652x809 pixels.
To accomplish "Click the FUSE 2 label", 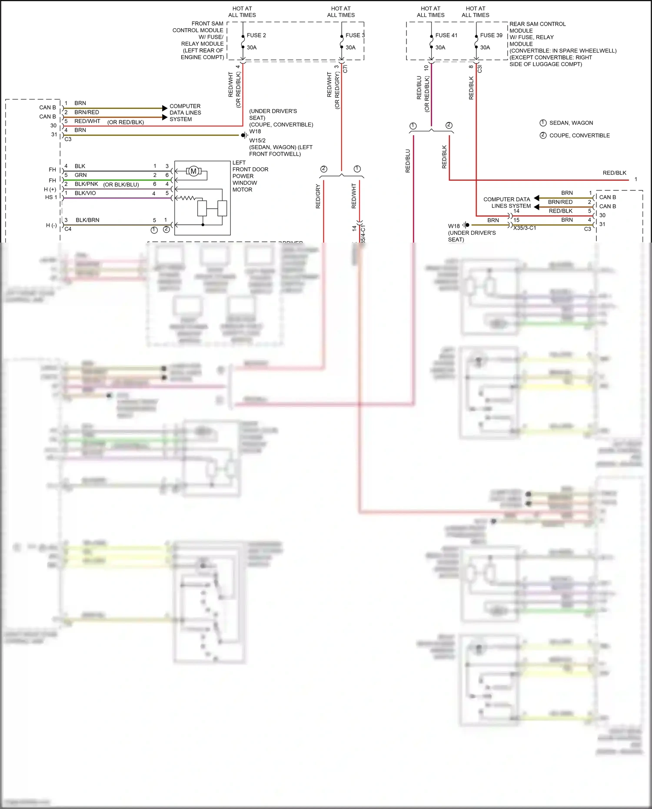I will click(256, 35).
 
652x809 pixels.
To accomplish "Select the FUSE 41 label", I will click(446, 35).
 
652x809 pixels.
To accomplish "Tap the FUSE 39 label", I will click(491, 35).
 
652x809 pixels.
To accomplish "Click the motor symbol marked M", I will click(193, 171).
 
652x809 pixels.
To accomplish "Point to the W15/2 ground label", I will click(257, 140).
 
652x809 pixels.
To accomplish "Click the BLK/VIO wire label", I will click(85, 193).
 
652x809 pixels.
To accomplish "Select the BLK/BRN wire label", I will click(87, 220).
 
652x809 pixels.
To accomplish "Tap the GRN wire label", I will click(80, 175).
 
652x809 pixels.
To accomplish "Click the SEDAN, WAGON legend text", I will click(571, 123).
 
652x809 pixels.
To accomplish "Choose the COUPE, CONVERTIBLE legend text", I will click(579, 136).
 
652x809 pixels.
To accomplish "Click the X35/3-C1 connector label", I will click(524, 228).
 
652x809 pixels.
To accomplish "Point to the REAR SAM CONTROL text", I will click(537, 24).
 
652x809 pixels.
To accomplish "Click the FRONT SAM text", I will click(207, 23).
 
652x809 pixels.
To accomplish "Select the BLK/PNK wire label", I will click(86, 184).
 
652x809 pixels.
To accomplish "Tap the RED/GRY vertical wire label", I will click(318, 196).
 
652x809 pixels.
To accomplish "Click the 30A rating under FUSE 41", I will click(440, 47).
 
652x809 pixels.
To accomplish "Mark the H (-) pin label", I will click(51, 225).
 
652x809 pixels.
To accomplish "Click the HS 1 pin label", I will click(51, 197).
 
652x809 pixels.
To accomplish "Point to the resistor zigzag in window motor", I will click(187, 198).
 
